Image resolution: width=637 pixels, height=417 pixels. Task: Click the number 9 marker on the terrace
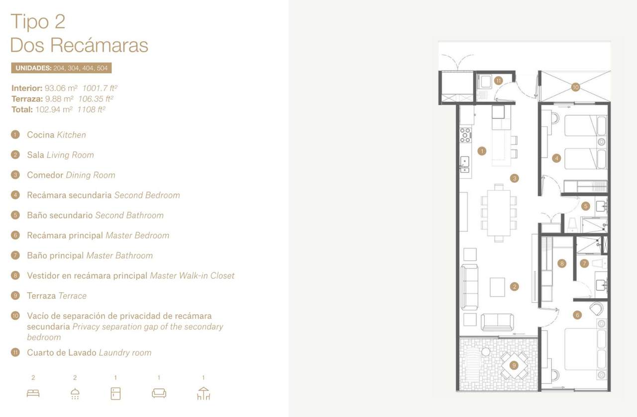coord(514,365)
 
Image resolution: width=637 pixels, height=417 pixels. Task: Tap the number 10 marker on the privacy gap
coord(575,87)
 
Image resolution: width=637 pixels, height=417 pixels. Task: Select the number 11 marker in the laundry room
coord(498,81)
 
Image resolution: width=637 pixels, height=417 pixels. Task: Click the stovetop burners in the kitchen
coord(465,135)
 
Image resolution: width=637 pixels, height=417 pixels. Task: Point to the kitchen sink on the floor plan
coord(465,165)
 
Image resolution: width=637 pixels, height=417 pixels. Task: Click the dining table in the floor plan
coord(499,213)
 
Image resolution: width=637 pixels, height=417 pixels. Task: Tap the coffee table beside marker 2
coord(497,287)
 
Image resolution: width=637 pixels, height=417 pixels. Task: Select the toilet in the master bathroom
coord(599,263)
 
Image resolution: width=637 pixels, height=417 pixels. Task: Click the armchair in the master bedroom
coord(596,309)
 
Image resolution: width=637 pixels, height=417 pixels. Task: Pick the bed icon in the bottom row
coord(33,394)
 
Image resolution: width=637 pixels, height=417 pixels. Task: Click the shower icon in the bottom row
coord(75,394)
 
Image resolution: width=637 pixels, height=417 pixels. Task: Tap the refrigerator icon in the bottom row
coord(115,394)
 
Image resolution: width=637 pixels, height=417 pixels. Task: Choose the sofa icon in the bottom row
coord(159,394)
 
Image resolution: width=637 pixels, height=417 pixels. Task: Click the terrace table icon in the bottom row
coord(204,394)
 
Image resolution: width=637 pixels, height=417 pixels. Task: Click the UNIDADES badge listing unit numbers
coord(61,68)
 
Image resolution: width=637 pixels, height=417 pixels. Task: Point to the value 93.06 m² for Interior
coord(61,88)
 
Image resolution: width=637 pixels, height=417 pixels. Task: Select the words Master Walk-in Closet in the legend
coord(192,275)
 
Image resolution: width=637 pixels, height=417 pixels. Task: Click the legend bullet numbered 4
coord(15,195)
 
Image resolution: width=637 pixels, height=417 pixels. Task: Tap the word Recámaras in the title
coord(99,45)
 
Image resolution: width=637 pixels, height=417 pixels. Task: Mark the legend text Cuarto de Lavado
coord(62,352)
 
